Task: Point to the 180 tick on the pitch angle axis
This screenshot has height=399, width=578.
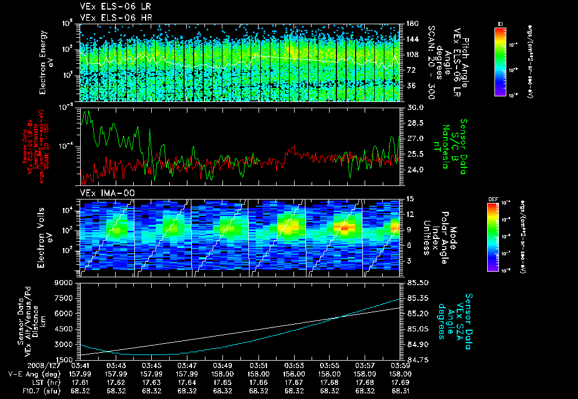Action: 411,23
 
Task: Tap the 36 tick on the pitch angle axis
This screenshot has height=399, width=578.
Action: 411,86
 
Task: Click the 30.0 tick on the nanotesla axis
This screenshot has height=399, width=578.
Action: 415,107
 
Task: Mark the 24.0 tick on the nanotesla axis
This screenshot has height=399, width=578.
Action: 415,169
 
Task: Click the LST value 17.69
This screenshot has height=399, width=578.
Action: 400,382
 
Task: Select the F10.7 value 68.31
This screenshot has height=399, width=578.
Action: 400,391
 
